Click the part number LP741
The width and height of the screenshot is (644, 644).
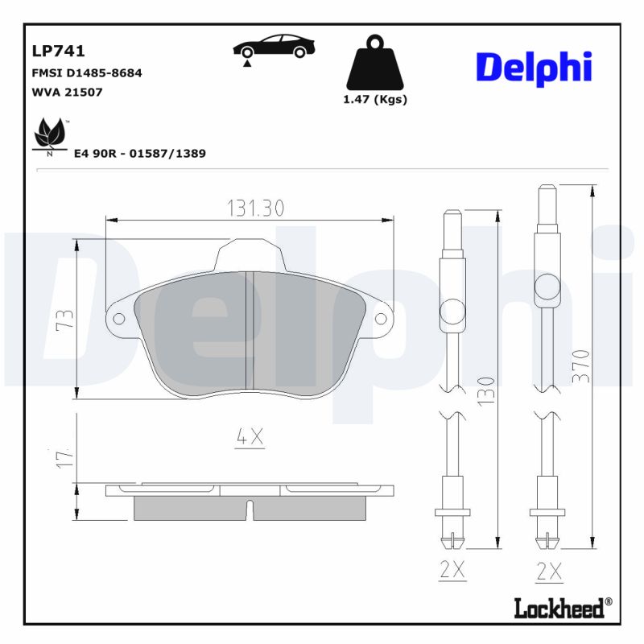58,52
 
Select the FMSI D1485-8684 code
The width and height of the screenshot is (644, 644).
86,72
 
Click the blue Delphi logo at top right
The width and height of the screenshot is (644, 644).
534,68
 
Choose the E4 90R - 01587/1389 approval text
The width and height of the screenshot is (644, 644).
139,153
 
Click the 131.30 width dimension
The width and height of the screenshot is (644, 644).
254,208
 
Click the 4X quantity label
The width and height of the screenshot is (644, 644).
250,437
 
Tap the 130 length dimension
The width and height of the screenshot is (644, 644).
485,389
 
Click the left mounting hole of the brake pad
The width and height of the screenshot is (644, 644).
119,319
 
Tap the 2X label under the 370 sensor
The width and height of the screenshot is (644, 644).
549,571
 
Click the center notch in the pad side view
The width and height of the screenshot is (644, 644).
250,510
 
